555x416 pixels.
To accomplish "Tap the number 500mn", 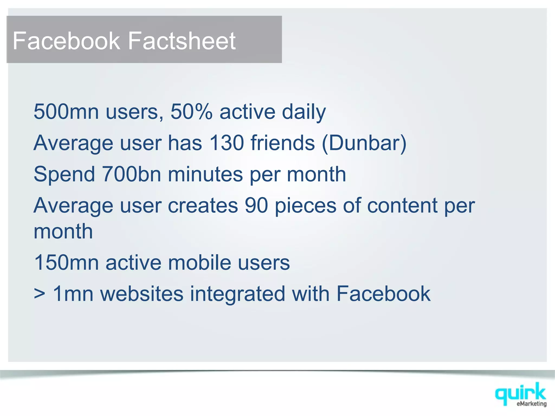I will point(66,112).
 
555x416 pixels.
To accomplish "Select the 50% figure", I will point(191,112).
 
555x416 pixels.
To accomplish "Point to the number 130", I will point(227,143).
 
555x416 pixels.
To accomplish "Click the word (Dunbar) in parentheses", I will point(364,143).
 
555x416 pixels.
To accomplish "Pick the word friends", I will point(283,143).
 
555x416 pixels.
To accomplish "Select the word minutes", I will point(205,174).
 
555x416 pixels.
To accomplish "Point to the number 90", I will point(256,205).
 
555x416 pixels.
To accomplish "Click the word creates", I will point(203,206).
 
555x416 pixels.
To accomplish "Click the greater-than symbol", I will point(40,294).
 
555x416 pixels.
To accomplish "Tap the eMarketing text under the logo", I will point(531,404).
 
